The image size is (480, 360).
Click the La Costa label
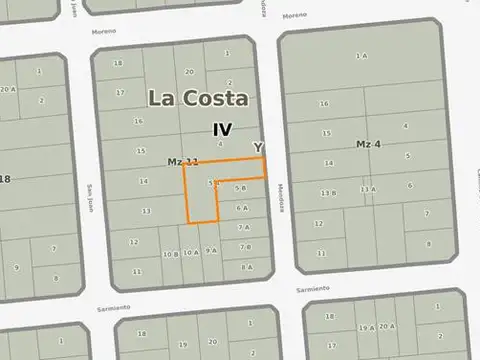pos(199,98)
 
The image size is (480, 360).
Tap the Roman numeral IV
pos(223,129)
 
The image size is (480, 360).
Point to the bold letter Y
pos(258,147)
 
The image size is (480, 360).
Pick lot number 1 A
pos(361,55)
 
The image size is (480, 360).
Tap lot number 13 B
pos(328,192)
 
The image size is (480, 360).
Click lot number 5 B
pos(241,188)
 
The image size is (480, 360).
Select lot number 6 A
pos(242,208)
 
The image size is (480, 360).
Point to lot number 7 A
pos(243,228)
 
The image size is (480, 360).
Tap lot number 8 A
pos(246,267)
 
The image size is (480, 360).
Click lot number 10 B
pos(170,254)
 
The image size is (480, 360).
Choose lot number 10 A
pos(190,253)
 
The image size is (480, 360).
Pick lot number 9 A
pos(210,251)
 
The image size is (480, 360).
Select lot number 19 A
pos(367,327)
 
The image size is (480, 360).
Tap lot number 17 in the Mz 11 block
pos(120,92)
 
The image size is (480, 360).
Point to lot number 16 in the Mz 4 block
pos(324,103)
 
